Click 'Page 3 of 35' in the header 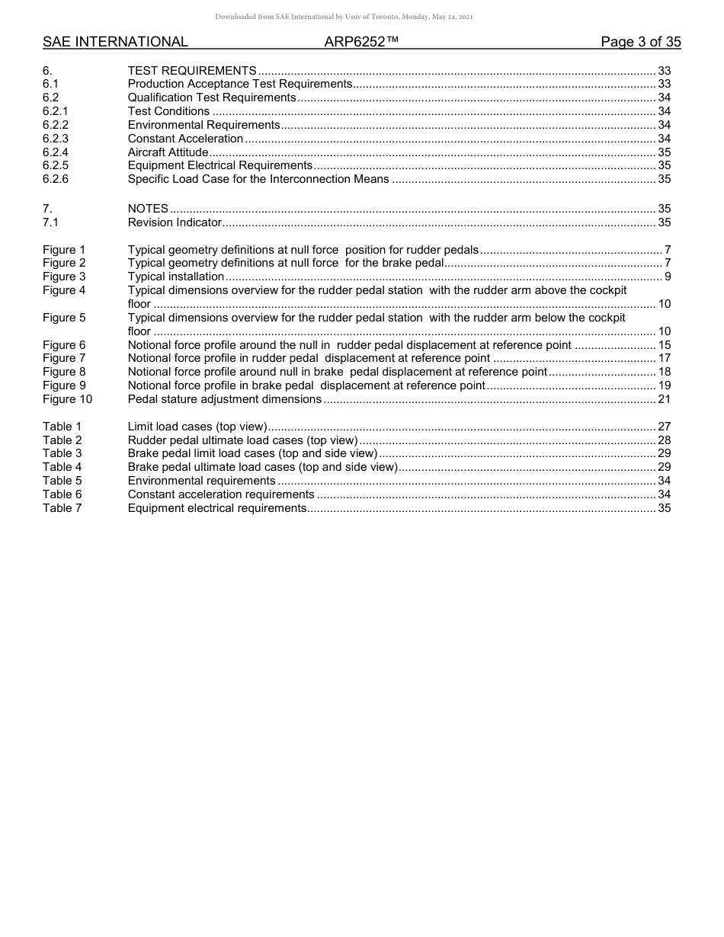coord(640,42)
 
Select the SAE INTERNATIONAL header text coord(115,42)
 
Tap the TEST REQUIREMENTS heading coord(192,70)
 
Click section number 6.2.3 coord(56,139)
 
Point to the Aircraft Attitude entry coord(168,152)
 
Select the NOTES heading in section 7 coord(148,209)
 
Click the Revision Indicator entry coord(175,222)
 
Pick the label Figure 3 coord(64,277)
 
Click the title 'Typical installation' coord(176,277)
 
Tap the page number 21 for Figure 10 coord(664,399)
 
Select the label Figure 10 coord(67,399)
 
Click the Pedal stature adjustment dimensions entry coord(225,399)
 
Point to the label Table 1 coord(62,427)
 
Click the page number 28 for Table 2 coord(664,440)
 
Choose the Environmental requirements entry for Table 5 coord(202,481)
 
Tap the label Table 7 coord(62,508)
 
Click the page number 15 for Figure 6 coord(664,345)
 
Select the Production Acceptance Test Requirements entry coord(240,84)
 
